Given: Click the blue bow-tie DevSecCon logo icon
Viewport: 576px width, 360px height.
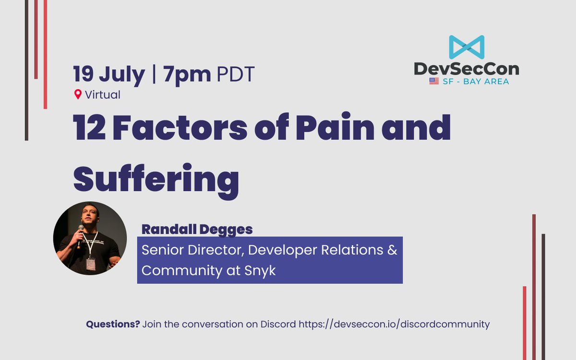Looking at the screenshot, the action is coord(467,47).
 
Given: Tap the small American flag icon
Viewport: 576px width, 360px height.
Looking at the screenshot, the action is coord(434,81).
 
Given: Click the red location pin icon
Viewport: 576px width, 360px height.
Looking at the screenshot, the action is coord(78,95).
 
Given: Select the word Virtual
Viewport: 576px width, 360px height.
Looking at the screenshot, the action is coord(103,95).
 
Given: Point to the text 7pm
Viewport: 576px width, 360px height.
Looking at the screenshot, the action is coord(187,74).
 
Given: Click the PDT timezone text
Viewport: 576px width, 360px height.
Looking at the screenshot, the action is coord(236,74).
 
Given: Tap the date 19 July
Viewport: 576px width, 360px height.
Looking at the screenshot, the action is coord(109,75).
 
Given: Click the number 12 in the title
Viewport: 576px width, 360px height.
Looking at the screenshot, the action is coord(89,127).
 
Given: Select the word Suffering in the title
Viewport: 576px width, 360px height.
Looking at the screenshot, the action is coord(156,181).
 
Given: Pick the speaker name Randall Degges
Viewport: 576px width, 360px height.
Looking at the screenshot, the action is coord(197,229).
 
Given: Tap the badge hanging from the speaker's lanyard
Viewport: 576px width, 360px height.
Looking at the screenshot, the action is coord(91,264).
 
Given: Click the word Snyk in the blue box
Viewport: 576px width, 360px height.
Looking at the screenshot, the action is coord(260,271).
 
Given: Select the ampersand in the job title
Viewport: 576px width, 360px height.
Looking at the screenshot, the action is coord(392,250).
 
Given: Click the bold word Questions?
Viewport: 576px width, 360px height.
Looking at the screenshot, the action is coord(113,324).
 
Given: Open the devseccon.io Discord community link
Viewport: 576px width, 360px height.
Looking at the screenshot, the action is coord(394,324).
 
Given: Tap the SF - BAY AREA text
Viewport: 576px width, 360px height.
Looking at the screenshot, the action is coord(476,82).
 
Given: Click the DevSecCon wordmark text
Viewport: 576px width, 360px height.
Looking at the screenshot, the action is coord(467,69).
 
